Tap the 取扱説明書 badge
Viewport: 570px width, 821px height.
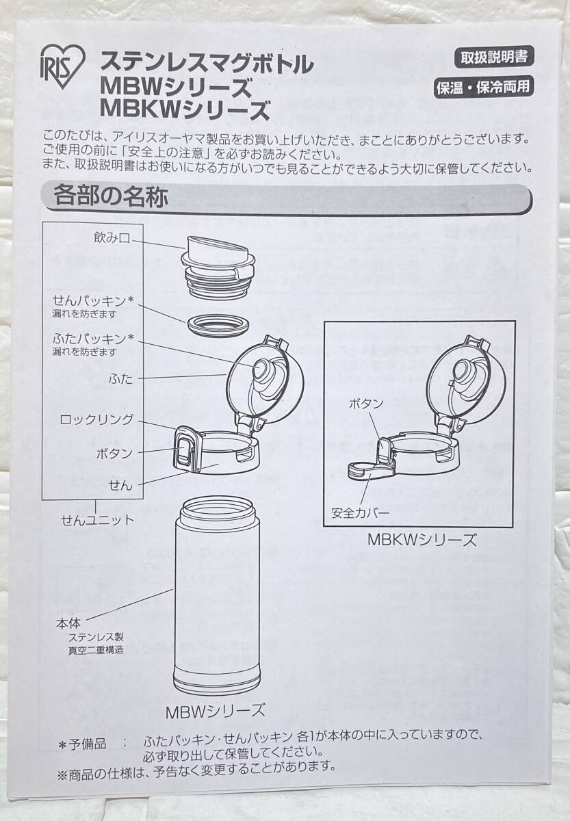tap(494, 58)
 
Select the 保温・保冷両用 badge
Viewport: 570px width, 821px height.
tap(484, 88)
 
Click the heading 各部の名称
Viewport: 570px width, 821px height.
tap(111, 196)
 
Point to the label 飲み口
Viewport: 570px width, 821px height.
tap(112, 238)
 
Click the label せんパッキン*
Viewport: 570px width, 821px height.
tap(93, 301)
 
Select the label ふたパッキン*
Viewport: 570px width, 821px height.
tap(93, 339)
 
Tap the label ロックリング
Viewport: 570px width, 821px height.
tap(96, 419)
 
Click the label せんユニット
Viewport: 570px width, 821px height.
tap(97, 520)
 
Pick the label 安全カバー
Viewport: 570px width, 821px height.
tap(360, 512)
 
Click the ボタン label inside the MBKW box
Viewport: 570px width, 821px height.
tap(366, 404)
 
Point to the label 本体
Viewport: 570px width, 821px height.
tap(68, 623)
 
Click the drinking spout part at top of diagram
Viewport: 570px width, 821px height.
tap(218, 268)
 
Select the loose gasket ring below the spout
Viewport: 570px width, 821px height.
tap(218, 324)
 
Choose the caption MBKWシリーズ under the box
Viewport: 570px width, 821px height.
tap(422, 540)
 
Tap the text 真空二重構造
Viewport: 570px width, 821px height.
tap(96, 650)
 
